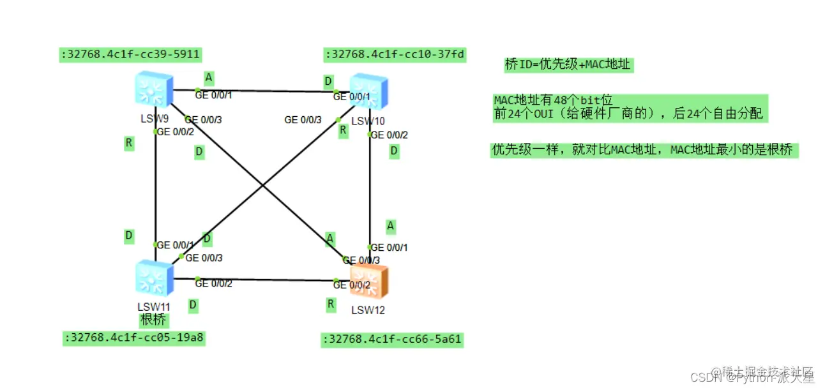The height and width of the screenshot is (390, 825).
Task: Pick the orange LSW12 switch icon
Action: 370,281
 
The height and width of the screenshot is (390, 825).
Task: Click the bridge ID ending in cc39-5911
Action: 131,56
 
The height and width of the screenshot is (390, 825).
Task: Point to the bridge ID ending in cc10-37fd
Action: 395,55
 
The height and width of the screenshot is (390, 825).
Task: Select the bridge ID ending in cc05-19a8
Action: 133,338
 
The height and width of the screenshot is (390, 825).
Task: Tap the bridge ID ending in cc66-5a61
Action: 391,340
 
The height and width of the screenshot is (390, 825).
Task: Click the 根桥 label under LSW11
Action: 153,320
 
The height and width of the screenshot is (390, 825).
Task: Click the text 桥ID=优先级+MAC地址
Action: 568,64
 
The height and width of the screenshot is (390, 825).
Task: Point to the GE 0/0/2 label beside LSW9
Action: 175,132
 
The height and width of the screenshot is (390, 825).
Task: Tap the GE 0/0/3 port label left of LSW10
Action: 303,119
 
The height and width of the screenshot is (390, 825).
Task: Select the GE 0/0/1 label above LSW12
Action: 389,248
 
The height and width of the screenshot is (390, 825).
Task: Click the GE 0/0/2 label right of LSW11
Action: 213,283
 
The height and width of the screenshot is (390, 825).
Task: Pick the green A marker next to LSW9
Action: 208,78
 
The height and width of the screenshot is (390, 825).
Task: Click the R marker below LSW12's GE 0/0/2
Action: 331,304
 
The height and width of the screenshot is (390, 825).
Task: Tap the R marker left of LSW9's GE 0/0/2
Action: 129,144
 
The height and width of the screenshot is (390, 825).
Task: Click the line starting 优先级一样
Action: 644,150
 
